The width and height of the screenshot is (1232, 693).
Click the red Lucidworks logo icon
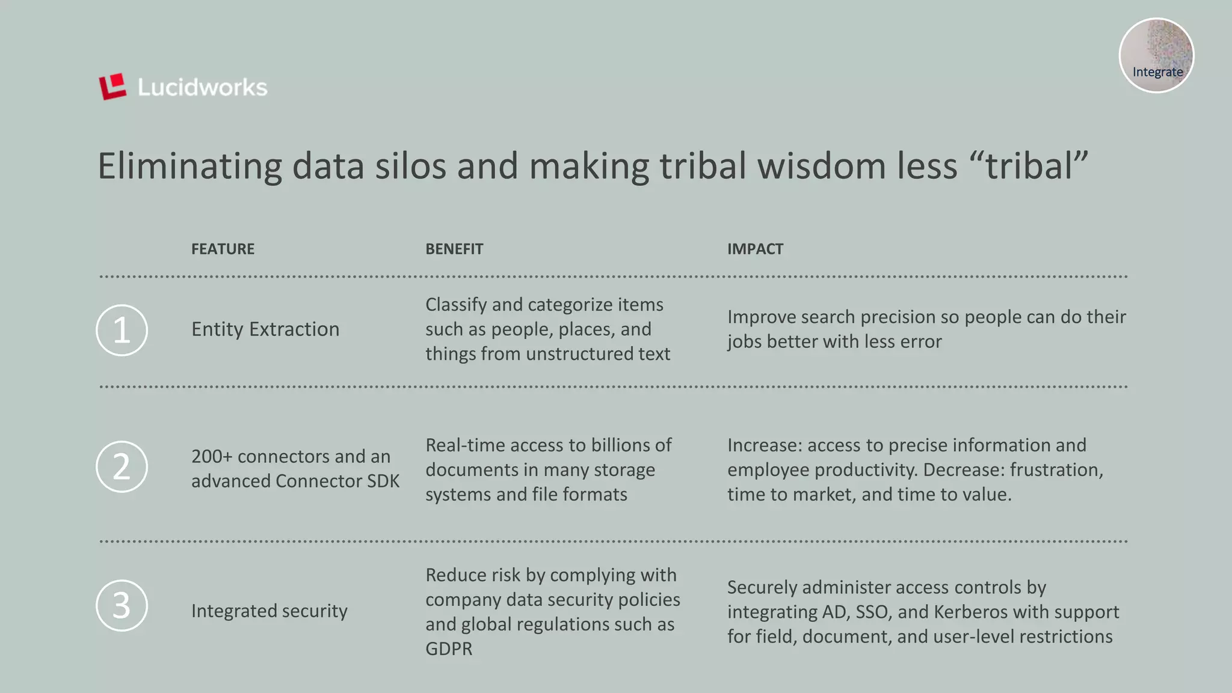pyautogui.click(x=112, y=87)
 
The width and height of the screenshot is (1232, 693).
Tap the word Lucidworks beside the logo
pyautogui.click(x=202, y=88)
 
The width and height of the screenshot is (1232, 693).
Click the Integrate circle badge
pyautogui.click(x=1156, y=56)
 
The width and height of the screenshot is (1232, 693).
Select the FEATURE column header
pyautogui.click(x=223, y=249)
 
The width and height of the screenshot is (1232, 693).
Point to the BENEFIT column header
pyautogui.click(x=454, y=249)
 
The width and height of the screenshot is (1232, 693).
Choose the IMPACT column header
pyautogui.click(x=755, y=249)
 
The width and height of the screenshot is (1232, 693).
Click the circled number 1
pyautogui.click(x=122, y=330)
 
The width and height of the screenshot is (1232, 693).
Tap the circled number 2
pyautogui.click(x=122, y=467)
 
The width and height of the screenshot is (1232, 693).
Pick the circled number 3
pyautogui.click(x=122, y=605)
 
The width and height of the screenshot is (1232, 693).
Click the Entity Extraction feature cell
pyautogui.click(x=265, y=329)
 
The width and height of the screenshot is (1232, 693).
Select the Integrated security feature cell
pyautogui.click(x=269, y=611)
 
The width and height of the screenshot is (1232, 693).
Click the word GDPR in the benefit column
pyautogui.click(x=449, y=649)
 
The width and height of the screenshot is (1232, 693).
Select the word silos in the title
pyautogui.click(x=411, y=166)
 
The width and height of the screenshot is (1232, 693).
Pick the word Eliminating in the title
pyautogui.click(x=189, y=166)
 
